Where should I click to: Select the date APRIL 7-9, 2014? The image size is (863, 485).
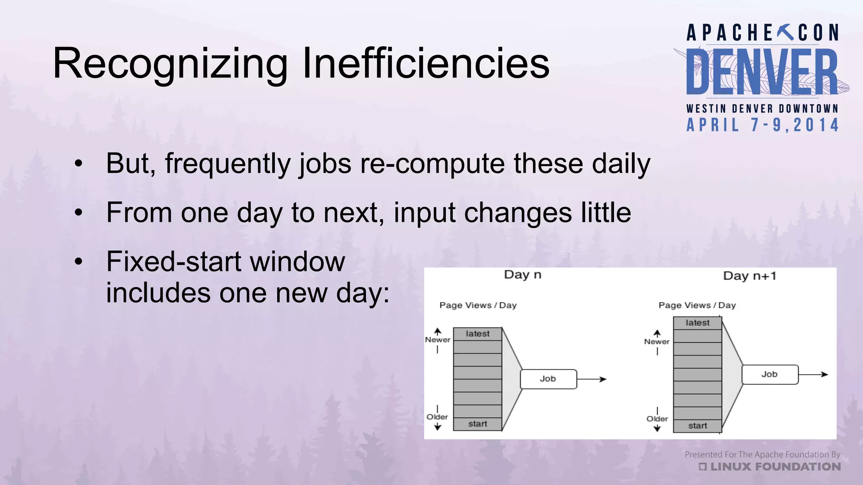(x=763, y=125)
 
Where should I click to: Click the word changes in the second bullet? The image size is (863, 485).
(x=518, y=213)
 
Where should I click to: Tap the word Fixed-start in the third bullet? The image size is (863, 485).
(x=174, y=261)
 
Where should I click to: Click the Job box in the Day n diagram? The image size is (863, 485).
(x=548, y=379)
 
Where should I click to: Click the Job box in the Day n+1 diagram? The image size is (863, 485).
(x=769, y=374)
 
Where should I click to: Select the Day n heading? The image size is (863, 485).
(x=523, y=275)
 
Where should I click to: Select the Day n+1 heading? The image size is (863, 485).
(x=749, y=276)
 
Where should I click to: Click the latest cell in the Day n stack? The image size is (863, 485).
(x=477, y=334)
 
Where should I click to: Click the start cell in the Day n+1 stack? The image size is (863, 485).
(x=697, y=426)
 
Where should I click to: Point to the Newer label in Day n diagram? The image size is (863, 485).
(x=437, y=340)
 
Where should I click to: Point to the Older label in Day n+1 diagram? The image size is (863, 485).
(x=657, y=419)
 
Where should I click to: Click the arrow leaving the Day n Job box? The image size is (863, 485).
(x=592, y=379)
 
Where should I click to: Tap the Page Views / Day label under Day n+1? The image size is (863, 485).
(x=697, y=305)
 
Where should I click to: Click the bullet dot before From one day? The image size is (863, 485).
(x=78, y=213)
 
